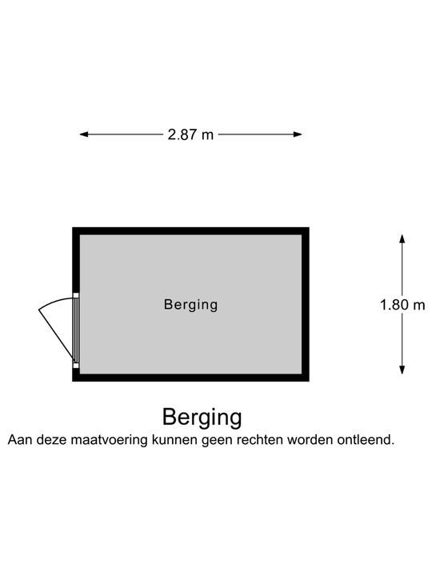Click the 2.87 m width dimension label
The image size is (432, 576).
(x=190, y=134)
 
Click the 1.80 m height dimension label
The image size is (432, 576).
(x=402, y=305)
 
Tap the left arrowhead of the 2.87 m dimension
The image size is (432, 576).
(x=84, y=134)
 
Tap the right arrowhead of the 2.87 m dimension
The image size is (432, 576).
(x=298, y=134)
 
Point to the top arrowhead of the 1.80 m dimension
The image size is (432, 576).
(x=402, y=238)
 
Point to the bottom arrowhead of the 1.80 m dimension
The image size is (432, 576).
(x=402, y=370)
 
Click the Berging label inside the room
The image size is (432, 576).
(x=190, y=305)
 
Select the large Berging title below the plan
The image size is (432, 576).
(x=202, y=418)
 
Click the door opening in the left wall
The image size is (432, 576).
(x=76, y=330)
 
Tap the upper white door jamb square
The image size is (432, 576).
(x=76, y=295)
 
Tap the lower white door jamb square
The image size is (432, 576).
(x=76, y=365)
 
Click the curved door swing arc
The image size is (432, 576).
(x=55, y=302)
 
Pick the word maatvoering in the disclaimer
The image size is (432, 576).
(x=109, y=440)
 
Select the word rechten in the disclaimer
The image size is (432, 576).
(x=260, y=440)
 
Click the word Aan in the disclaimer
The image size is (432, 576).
(x=18, y=440)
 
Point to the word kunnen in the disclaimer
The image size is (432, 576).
(x=174, y=440)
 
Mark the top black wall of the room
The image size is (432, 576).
(x=190, y=231)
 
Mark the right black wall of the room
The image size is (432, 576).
(x=306, y=305)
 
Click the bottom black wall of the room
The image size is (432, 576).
(x=190, y=378)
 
